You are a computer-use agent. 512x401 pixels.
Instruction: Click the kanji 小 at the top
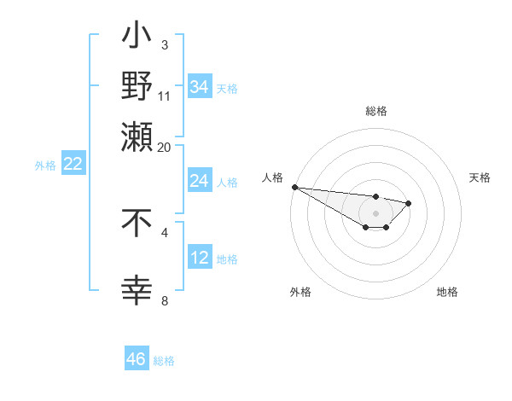tap(137, 39)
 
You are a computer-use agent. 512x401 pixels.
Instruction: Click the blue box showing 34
tap(200, 87)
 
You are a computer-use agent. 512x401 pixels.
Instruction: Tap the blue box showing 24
tap(200, 181)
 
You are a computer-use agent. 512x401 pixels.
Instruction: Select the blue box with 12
tap(200, 258)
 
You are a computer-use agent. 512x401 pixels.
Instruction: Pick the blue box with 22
tap(73, 165)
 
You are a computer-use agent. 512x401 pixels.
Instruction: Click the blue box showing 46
tap(137, 359)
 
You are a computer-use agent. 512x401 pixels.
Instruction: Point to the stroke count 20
tap(165, 148)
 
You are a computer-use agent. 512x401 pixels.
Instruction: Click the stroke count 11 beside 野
tap(165, 96)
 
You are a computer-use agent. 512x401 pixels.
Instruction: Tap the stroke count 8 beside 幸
tap(166, 300)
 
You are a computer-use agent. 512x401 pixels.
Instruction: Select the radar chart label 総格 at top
tap(375, 112)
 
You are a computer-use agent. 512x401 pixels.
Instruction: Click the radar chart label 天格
tap(480, 177)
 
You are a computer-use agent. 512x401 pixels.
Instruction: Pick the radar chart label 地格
tap(447, 292)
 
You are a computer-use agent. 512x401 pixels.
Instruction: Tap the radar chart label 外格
tap(300, 292)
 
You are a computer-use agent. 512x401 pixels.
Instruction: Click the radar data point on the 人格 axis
tap(294, 187)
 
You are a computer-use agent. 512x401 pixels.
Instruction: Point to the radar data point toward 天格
tap(409, 203)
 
